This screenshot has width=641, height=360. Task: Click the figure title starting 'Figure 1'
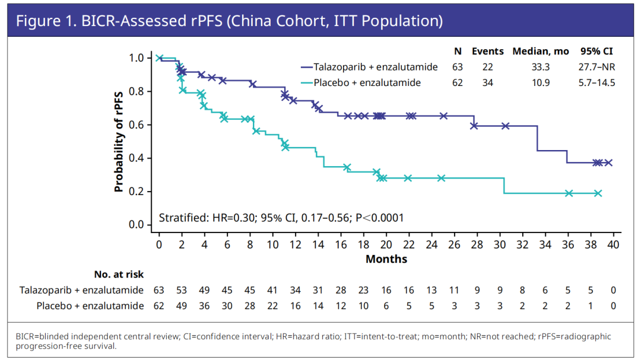(x=229, y=22)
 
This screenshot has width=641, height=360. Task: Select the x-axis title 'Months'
(x=386, y=259)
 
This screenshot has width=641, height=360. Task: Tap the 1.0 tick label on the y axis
(x=135, y=58)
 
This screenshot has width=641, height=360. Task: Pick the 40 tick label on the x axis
(x=613, y=244)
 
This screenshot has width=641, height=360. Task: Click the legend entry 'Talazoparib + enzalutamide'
(x=369, y=67)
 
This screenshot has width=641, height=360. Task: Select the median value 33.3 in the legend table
(x=540, y=67)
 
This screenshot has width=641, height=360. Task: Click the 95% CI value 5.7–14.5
(x=595, y=82)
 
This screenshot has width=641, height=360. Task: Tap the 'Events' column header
(x=487, y=52)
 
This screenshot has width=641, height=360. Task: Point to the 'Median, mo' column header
(x=541, y=52)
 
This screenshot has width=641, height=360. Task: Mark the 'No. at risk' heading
(x=119, y=275)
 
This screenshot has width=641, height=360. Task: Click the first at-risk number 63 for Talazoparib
(x=159, y=290)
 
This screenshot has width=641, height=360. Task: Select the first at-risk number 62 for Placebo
(x=159, y=306)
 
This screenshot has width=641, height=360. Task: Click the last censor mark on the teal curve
(x=598, y=193)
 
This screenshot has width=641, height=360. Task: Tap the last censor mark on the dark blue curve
(x=608, y=163)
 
